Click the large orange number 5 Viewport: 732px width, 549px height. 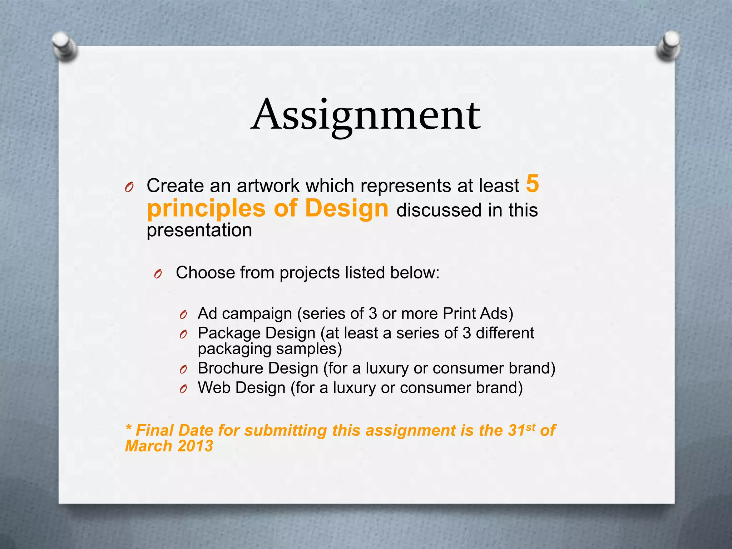click(533, 184)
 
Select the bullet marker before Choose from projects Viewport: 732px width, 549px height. click(158, 274)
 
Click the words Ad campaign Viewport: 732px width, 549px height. click(245, 314)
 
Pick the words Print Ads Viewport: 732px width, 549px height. click(478, 313)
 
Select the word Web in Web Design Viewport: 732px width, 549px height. click(214, 388)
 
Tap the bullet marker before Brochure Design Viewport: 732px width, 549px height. click(184, 370)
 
